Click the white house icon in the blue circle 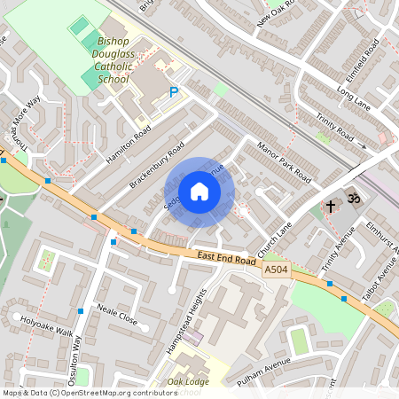click(x=199, y=192)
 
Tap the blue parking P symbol click(x=174, y=91)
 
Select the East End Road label click(x=209, y=257)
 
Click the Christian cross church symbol click(x=330, y=207)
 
